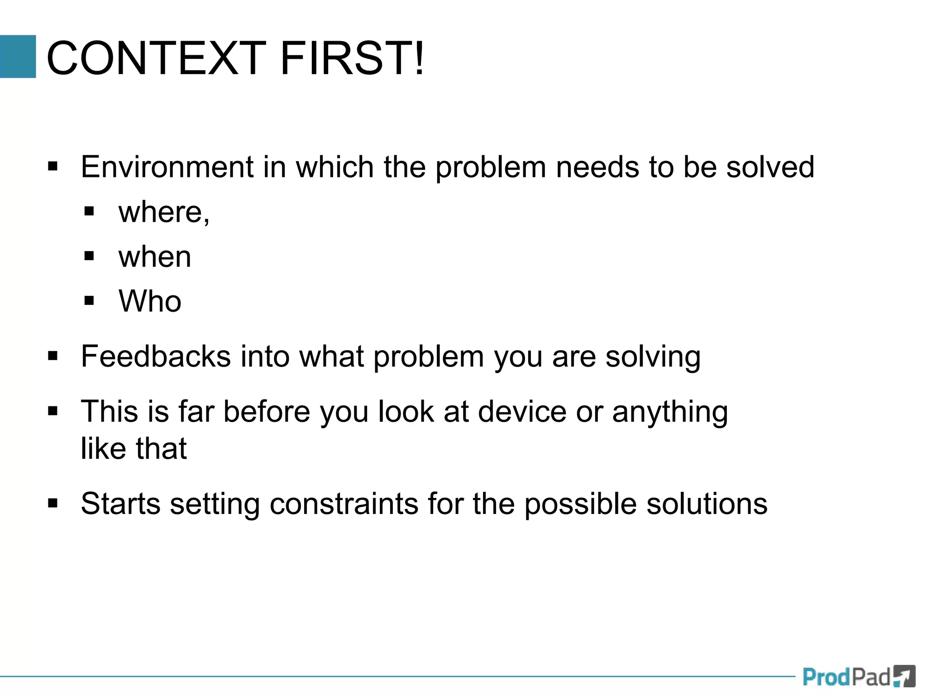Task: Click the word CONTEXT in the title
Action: click(x=156, y=58)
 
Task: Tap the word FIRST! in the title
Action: click(x=352, y=58)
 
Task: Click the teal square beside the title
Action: click(x=18, y=57)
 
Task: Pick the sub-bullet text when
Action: click(x=155, y=257)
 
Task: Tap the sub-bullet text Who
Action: click(x=150, y=301)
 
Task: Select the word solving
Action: click(x=653, y=357)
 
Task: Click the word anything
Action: click(x=670, y=412)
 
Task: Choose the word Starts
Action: click(x=120, y=504)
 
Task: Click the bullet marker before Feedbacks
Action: click(x=53, y=356)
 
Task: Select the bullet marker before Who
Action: click(x=89, y=300)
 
